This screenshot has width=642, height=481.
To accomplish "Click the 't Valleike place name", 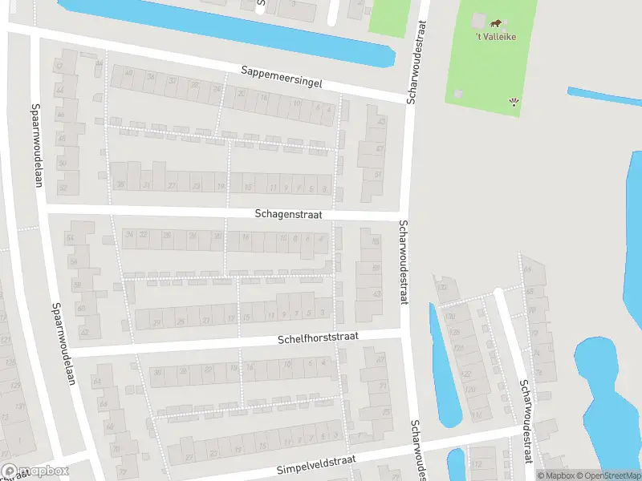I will pos(496,36).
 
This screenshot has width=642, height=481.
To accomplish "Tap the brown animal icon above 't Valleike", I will pos(497,23).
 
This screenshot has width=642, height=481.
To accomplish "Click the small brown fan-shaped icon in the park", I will pos(514,102).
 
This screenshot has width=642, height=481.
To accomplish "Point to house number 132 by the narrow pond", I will pos(441,287).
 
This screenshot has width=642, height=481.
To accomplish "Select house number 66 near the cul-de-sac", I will pos(527,271).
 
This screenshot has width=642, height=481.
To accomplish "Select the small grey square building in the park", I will pos(457,95).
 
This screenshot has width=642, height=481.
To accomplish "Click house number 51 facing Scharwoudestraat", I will pos(379,175).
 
